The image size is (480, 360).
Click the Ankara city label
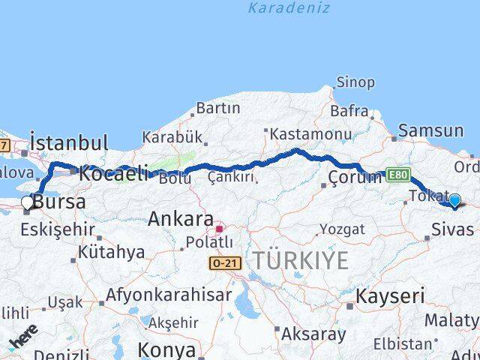click(180, 220)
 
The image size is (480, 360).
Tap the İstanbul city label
click(69, 142)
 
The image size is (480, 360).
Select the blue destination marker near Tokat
click(454, 200)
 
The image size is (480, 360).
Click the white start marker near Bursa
click(28, 202)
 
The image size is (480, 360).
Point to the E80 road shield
click(398, 175)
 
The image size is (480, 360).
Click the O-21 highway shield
click(224, 263)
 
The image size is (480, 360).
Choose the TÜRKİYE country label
click(300, 261)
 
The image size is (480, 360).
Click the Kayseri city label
click(389, 295)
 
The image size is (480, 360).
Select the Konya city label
click(166, 350)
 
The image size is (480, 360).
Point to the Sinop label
click(355, 82)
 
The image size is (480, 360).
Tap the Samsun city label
click(430, 130)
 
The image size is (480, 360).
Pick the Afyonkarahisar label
click(168, 295)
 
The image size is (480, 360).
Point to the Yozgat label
click(342, 229)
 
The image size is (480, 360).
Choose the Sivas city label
click(452, 229)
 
